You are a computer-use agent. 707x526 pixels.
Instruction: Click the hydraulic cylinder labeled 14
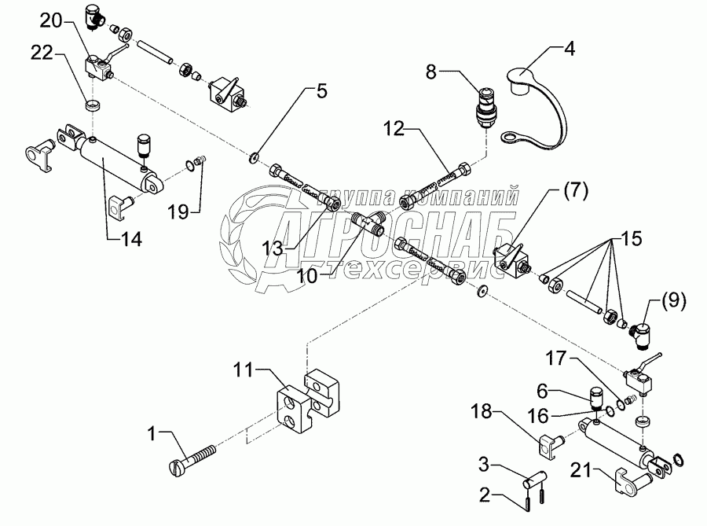118,164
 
